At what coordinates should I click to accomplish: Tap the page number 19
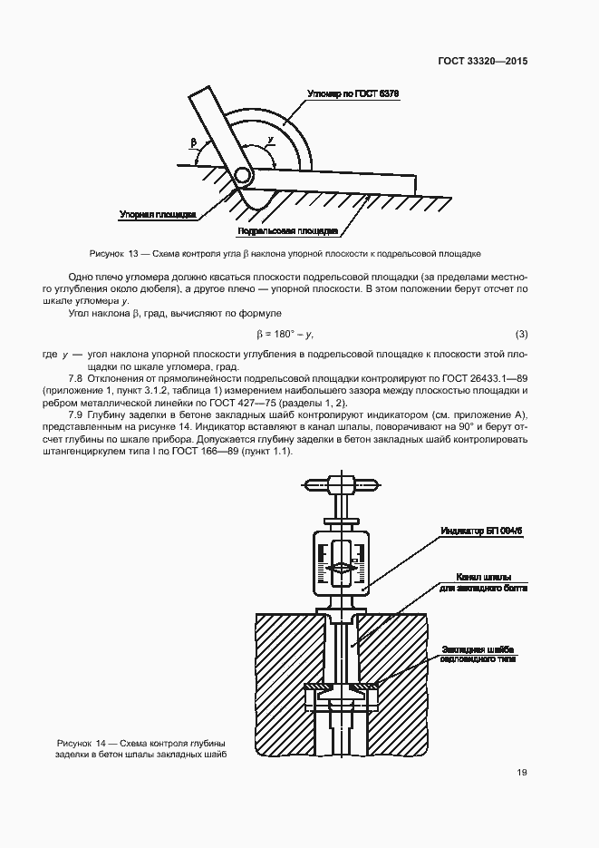[522, 773]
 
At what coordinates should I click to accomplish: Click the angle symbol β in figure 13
[193, 143]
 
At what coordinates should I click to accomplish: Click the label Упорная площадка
[158, 215]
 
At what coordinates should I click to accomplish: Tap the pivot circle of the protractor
[243, 174]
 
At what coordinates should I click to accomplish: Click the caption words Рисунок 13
[112, 254]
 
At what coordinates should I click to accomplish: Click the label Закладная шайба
[478, 649]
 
